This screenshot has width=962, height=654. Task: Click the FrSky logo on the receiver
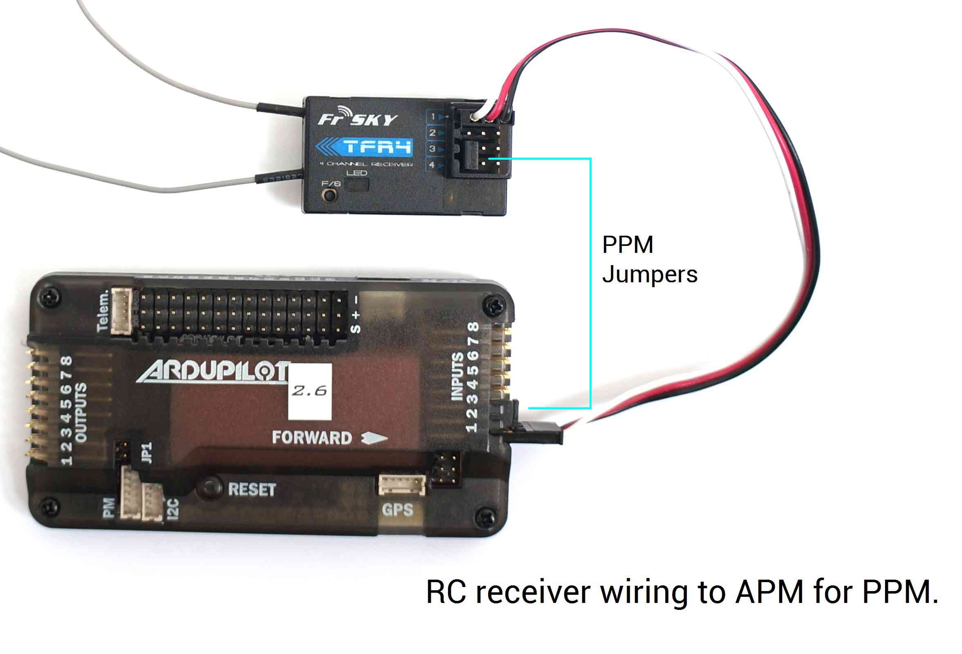click(357, 117)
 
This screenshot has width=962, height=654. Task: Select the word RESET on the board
click(252, 490)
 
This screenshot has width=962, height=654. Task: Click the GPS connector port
click(401, 484)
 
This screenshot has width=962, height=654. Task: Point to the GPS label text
click(397, 510)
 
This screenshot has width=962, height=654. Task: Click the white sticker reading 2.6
click(309, 391)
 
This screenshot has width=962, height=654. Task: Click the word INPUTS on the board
click(457, 377)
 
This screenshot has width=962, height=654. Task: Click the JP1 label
click(147, 453)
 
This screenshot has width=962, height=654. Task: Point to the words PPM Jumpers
click(649, 259)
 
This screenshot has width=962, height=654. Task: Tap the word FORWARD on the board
click(312, 438)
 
